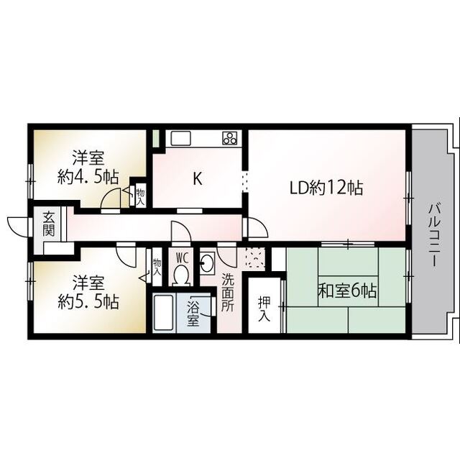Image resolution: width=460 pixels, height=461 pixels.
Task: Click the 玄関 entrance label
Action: pyautogui.click(x=48, y=224)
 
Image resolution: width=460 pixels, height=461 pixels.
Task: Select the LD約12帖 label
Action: pyautogui.click(x=326, y=188)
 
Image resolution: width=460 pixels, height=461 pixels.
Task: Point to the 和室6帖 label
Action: pyautogui.click(x=348, y=291)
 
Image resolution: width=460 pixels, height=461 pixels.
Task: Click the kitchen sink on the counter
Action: pyautogui.click(x=179, y=138)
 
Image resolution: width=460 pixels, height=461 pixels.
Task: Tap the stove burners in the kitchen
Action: pyautogui.click(x=230, y=138)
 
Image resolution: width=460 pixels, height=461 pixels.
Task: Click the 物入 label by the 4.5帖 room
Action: pyautogui.click(x=140, y=195)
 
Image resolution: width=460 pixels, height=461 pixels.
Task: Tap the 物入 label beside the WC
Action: pyautogui.click(x=157, y=267)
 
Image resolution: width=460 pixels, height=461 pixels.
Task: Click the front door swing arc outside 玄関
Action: pyautogui.click(x=16, y=224)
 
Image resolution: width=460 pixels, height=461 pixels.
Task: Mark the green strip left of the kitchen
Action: pyautogui.click(x=155, y=137)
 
